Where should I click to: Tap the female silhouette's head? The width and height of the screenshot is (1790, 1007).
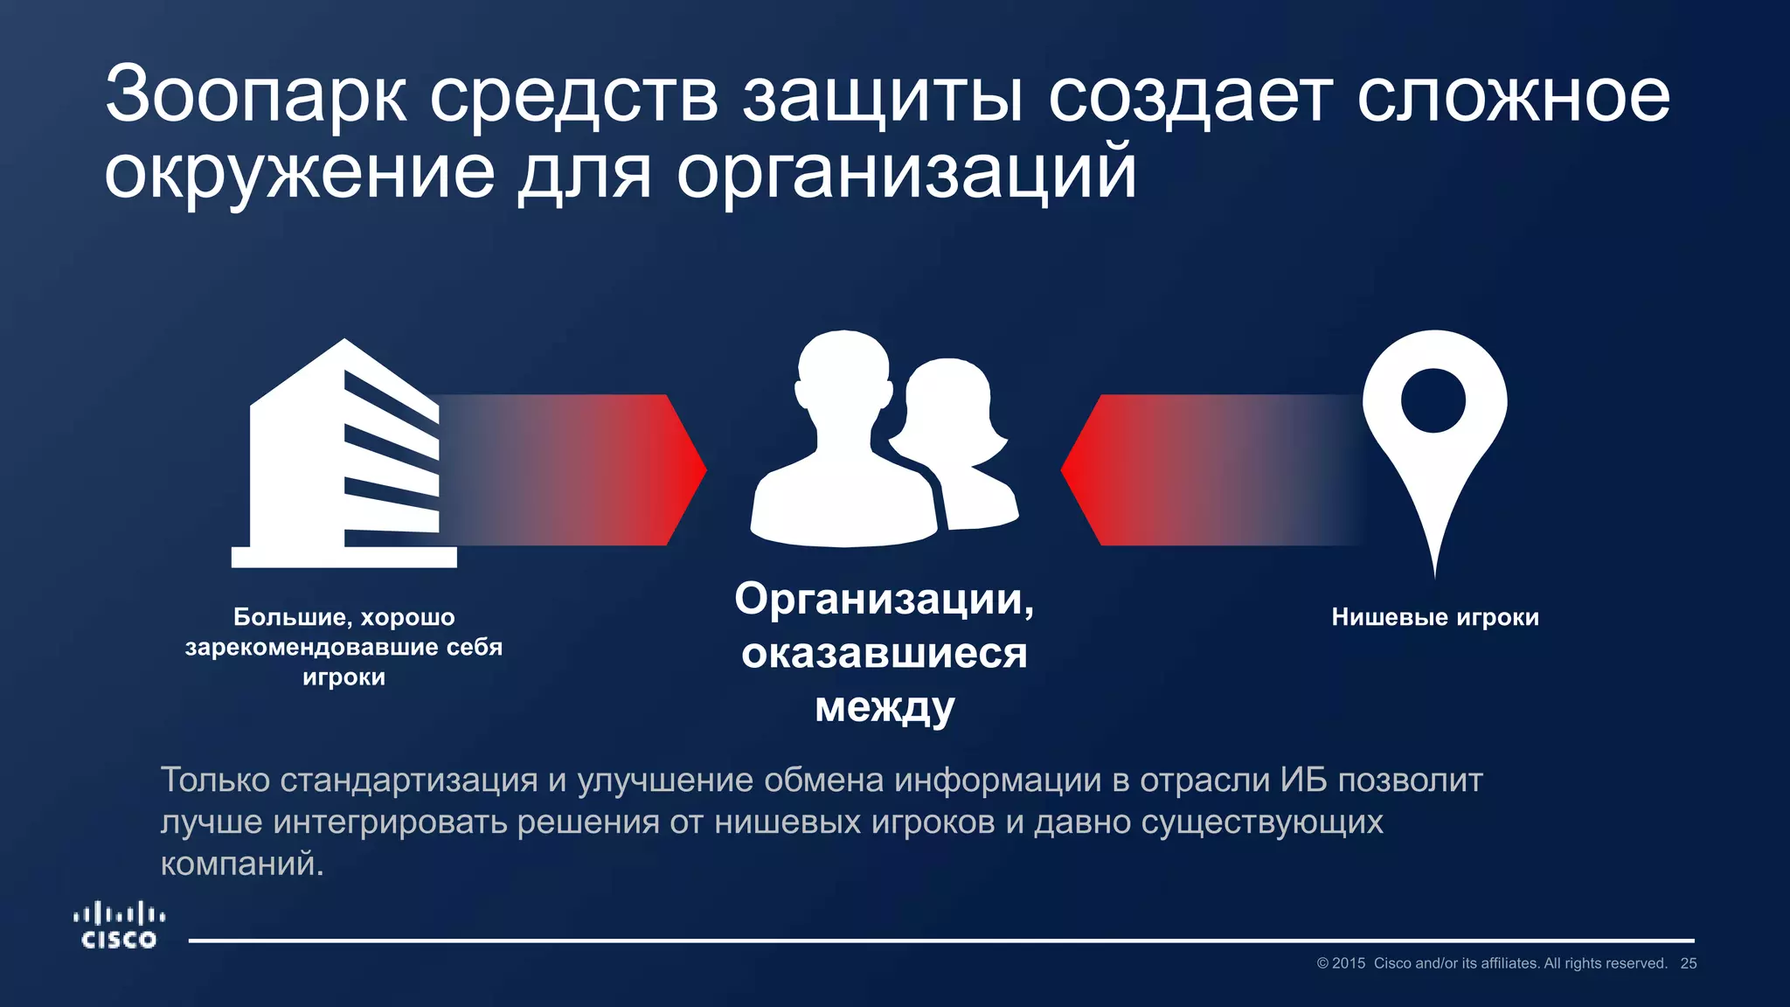pyautogui.click(x=948, y=398)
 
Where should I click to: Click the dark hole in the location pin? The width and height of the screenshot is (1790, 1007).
pyautogui.click(x=1433, y=400)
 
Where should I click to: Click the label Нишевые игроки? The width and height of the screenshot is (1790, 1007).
pyautogui.click(x=1434, y=617)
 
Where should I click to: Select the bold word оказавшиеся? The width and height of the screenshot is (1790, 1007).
pyautogui.click(x=884, y=653)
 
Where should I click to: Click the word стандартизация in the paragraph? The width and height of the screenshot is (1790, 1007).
pyautogui.click(x=408, y=780)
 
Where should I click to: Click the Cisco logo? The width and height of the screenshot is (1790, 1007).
pyautogui.click(x=119, y=927)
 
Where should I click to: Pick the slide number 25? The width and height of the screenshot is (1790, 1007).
pyautogui.click(x=1689, y=963)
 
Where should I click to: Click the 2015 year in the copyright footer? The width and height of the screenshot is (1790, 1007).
pyautogui.click(x=1349, y=963)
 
